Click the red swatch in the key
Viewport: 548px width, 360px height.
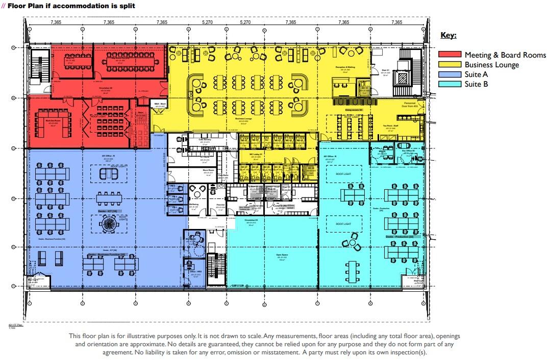pyautogui.click(x=450, y=55)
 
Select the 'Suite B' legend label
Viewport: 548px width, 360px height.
pyautogui.click(x=476, y=84)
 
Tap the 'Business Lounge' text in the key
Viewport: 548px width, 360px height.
pyautogui.click(x=491, y=65)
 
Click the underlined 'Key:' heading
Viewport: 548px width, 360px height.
pyautogui.click(x=448, y=36)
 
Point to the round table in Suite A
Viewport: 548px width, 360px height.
pyautogui.click(x=108, y=223)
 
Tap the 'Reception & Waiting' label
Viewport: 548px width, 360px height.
pyautogui.click(x=345, y=67)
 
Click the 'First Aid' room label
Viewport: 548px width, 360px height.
pyautogui.click(x=220, y=204)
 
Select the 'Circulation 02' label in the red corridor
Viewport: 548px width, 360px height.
pyautogui.click(x=106, y=87)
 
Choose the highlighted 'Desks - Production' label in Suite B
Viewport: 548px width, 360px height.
pyautogui.click(x=403, y=237)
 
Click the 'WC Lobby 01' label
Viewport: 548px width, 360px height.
pyautogui.click(x=257, y=153)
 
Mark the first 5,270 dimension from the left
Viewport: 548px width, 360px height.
pyautogui.click(x=207, y=22)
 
